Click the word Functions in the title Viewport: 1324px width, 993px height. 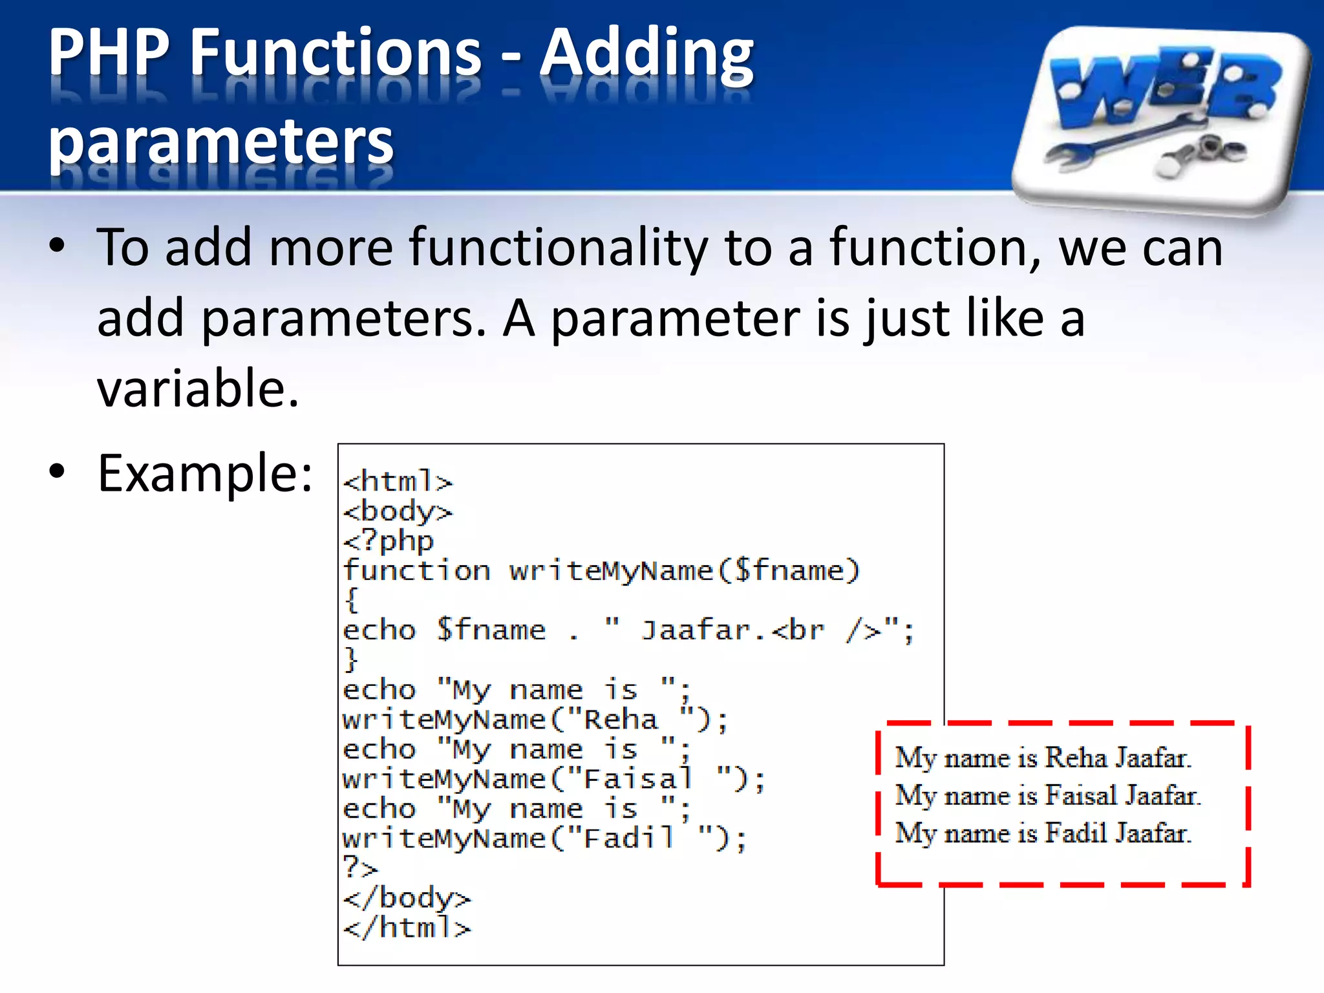336,53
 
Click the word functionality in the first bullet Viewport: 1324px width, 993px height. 559,248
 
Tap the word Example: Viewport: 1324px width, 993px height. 205,473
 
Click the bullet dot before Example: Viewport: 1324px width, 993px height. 57,472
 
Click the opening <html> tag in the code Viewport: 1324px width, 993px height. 398,482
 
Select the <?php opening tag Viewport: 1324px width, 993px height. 388,541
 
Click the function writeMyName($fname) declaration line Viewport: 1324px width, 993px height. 601,571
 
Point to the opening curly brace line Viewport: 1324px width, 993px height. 352,600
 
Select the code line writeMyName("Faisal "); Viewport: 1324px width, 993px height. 553,779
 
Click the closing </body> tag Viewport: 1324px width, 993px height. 407,899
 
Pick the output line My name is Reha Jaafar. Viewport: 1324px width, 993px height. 1042,758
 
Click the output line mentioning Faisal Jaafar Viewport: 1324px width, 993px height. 1047,795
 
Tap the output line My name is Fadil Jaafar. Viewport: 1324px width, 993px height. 1042,833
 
